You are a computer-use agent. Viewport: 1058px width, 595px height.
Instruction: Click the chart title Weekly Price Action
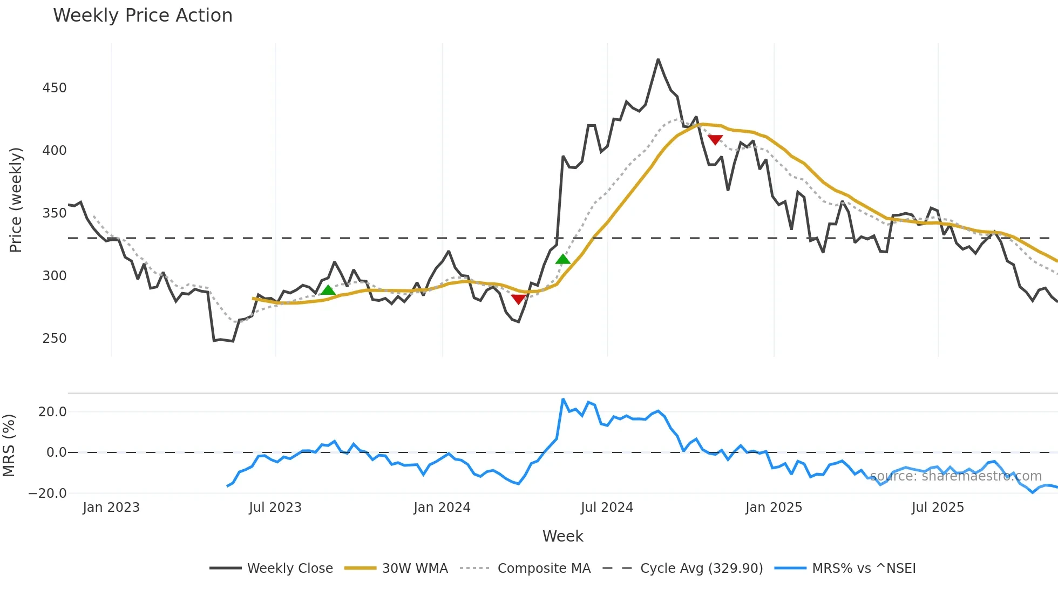tap(143, 16)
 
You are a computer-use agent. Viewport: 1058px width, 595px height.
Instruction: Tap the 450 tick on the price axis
tap(55, 88)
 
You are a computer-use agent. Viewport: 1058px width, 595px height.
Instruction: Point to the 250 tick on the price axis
tap(55, 339)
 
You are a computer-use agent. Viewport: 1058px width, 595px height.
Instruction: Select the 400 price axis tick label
tap(55, 151)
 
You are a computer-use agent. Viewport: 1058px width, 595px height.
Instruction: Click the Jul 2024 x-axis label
tap(607, 508)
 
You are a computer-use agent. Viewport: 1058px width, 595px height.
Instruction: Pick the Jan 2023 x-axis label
tap(111, 508)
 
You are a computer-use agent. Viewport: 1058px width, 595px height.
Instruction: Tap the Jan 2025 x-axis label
tap(774, 508)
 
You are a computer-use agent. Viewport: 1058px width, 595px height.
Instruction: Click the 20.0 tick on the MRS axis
tap(52, 412)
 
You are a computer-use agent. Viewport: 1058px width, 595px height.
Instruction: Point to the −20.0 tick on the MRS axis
tap(48, 493)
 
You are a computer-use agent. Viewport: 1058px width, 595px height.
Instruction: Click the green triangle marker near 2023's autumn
tap(328, 290)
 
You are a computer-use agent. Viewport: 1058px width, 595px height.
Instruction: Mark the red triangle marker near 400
tap(715, 140)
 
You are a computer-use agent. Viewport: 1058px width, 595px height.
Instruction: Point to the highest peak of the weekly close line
tap(658, 59)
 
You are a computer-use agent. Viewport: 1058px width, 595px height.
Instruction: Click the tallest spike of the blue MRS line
tap(563, 400)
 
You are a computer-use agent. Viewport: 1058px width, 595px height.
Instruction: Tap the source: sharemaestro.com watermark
tap(955, 476)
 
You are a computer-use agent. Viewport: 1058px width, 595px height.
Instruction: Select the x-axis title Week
tap(562, 536)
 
